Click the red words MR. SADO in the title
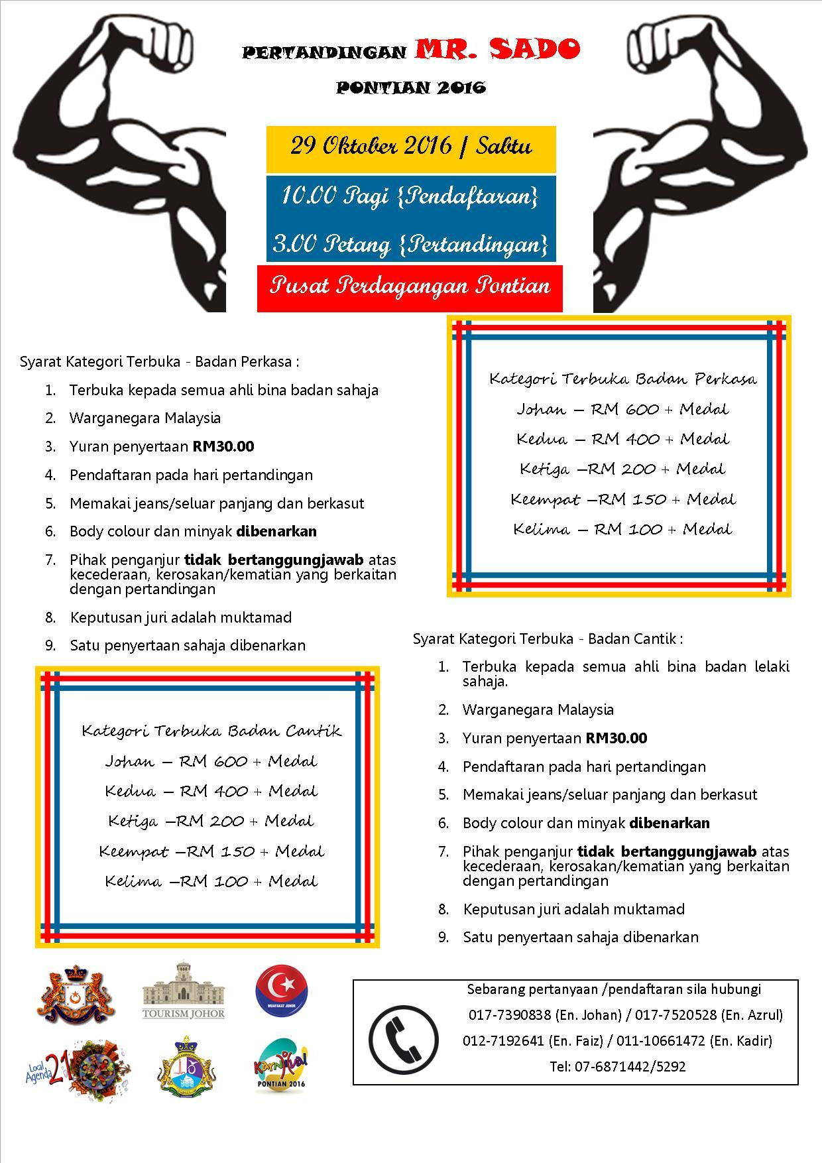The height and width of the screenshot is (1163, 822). point(498,48)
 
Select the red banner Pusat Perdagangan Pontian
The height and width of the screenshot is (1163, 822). point(410,286)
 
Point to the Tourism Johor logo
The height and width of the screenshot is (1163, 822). point(184,992)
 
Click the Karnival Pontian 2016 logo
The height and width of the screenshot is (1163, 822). point(282,1068)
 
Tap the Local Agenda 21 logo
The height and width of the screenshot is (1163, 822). point(78,1069)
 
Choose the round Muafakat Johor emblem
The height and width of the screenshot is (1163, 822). point(282,993)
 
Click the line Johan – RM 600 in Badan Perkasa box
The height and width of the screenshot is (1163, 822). point(622,409)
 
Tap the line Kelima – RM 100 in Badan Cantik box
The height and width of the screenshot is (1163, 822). point(211,881)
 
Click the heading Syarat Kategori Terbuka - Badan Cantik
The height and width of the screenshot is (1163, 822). point(548,639)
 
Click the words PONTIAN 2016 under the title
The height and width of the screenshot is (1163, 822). point(411,88)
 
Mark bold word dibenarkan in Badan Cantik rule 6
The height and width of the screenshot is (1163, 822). point(670,823)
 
